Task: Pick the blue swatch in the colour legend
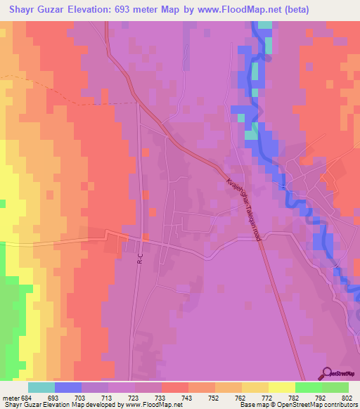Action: tap(68, 388)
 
